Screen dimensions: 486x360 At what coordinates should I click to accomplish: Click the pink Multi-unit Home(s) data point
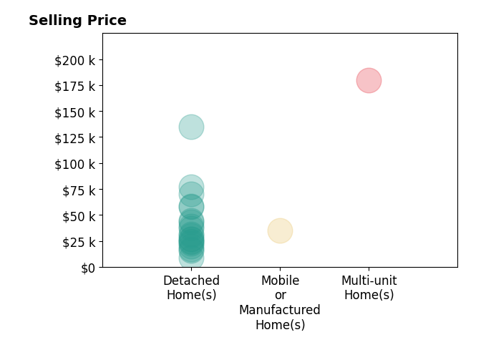point(369,81)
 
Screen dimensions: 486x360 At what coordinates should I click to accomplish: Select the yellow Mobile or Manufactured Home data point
point(280,230)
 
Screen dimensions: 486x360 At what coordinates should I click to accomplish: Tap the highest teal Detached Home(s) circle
point(191,127)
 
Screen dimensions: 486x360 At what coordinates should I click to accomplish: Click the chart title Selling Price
point(77,21)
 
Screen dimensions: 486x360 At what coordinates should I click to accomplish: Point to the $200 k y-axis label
point(74,60)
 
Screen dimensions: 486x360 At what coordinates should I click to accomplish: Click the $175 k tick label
point(74,86)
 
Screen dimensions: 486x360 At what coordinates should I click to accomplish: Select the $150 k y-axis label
point(74,112)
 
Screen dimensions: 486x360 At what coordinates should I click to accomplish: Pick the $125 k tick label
point(74,138)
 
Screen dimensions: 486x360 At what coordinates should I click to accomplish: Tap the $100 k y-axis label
point(74,164)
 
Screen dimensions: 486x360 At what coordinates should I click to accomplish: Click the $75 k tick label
point(79,190)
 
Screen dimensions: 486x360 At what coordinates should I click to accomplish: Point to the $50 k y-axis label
point(79,216)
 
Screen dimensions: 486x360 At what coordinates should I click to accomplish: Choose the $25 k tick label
point(79,242)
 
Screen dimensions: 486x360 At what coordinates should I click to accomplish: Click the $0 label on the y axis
point(88,268)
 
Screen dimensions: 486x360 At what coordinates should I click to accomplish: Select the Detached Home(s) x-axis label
point(191,288)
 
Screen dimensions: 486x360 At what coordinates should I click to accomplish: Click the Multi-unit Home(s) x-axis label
point(369,288)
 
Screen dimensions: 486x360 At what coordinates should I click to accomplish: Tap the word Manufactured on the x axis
point(280,309)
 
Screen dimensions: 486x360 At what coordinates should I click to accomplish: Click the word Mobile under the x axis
point(280,281)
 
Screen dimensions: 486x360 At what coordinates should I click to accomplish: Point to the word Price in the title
point(107,21)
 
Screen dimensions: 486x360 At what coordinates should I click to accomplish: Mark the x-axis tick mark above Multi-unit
point(369,268)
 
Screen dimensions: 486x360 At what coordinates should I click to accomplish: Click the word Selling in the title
point(56,21)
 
